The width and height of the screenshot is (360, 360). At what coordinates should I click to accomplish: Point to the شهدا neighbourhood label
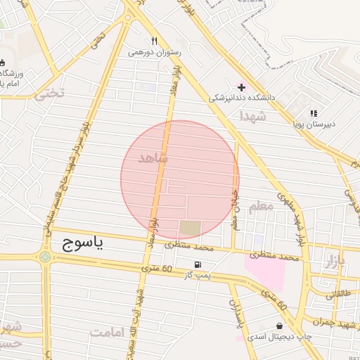click(252, 115)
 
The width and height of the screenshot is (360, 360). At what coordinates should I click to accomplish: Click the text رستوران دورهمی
click(155, 52)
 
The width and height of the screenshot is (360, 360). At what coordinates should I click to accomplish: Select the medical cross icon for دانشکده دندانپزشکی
click(241, 87)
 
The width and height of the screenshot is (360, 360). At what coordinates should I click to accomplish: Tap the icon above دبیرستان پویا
click(314, 112)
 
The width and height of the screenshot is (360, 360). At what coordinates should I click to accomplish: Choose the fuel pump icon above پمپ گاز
click(199, 265)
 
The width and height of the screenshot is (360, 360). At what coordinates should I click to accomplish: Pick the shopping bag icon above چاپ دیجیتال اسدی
click(281, 326)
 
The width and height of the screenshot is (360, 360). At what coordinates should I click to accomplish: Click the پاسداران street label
click(236, 312)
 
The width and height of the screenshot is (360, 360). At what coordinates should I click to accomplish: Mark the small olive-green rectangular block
click(190, 229)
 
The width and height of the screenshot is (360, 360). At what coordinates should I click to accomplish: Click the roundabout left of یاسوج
click(46, 257)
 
